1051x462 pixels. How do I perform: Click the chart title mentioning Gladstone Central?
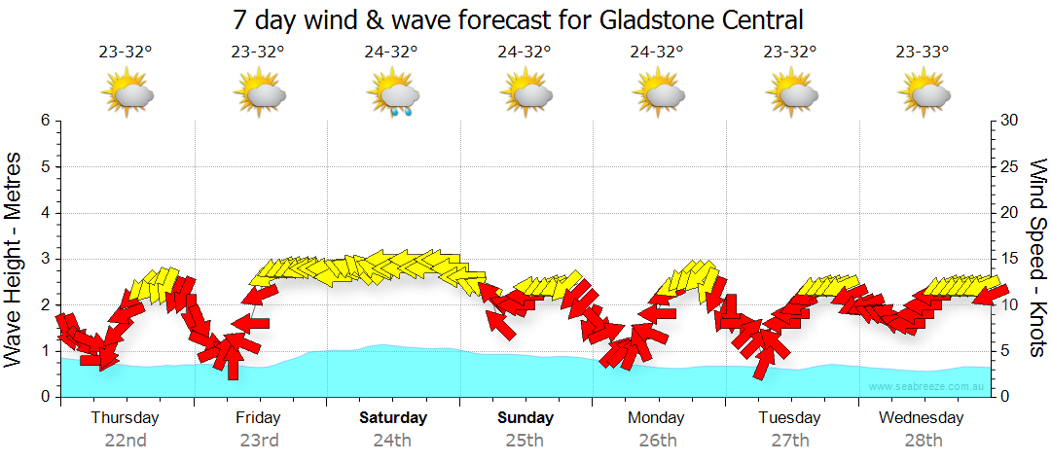[519, 18]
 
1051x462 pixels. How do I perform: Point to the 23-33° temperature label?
[923, 53]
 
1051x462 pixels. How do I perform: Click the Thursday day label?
[125, 418]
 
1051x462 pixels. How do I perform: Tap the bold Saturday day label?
[393, 418]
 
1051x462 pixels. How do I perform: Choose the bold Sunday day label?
[525, 418]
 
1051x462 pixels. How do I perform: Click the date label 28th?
[923, 441]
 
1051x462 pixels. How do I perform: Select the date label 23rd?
[259, 441]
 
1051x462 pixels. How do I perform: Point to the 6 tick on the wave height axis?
[45, 121]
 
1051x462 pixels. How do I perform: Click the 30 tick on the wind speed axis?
[1011, 121]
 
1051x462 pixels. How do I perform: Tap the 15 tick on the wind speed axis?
[1011, 259]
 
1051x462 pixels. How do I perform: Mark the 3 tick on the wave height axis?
[45, 259]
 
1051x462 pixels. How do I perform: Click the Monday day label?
[656, 418]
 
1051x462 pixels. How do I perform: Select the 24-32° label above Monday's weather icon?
[657, 53]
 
